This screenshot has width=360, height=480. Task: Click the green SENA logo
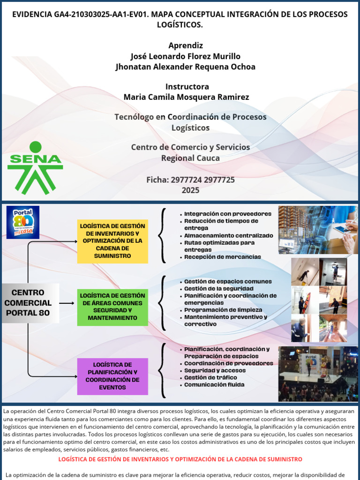35,168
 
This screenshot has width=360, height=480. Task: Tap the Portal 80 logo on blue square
23,222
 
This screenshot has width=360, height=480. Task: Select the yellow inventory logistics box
112,241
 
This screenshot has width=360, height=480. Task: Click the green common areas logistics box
112,307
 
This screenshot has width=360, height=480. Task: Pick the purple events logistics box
112,376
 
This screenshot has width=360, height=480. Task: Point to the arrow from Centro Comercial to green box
67,303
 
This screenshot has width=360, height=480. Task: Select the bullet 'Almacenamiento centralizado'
228,236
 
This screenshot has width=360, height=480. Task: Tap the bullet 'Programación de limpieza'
223,310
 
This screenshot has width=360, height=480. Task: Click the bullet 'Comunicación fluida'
214,385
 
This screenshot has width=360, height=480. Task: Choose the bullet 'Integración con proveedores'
228,214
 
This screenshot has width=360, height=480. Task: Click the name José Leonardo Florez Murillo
186,56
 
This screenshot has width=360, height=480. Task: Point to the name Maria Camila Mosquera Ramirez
186,97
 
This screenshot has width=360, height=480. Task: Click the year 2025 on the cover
190,190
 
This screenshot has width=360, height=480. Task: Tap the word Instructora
187,86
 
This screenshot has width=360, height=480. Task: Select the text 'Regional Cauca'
190,158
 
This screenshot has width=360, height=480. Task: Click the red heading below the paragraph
180,459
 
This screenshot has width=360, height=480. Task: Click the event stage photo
318,374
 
